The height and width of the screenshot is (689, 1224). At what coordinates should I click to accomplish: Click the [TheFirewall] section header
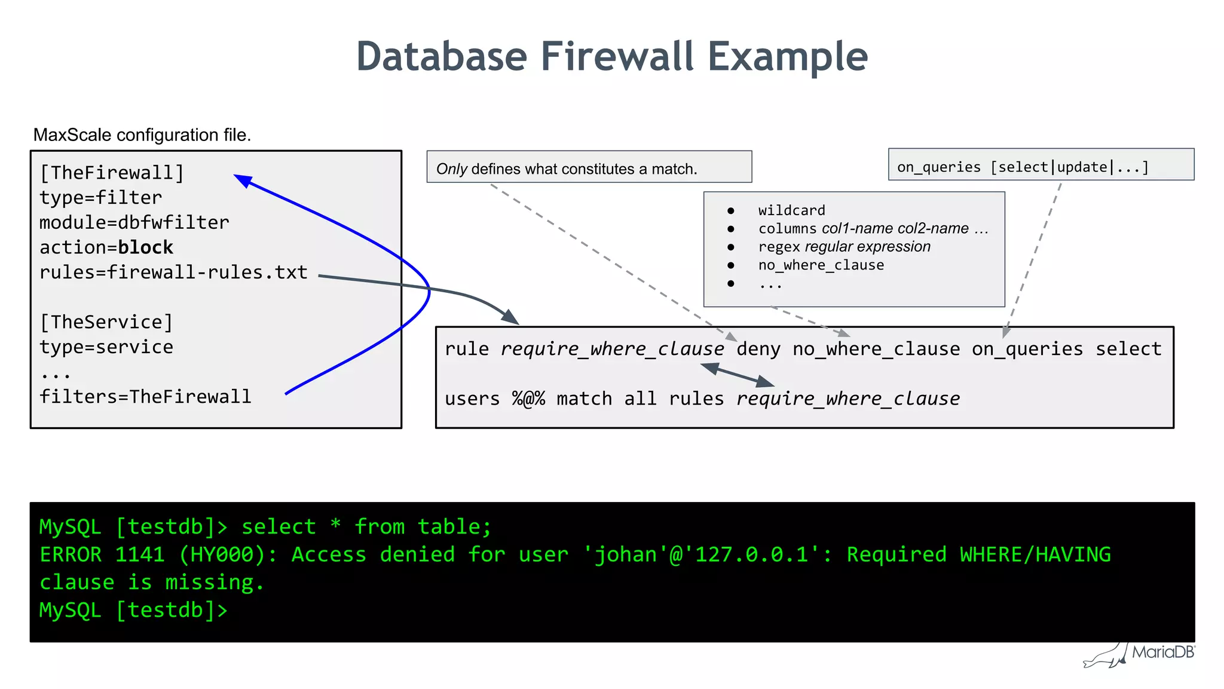pos(112,173)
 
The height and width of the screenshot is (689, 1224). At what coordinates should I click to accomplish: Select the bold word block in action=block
pos(145,247)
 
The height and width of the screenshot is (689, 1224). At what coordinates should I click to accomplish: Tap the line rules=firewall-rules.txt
pos(173,272)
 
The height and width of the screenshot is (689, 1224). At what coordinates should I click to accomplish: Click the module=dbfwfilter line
pos(134,222)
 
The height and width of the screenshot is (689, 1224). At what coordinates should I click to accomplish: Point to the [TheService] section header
pos(106,322)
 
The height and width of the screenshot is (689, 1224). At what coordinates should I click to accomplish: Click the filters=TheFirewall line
pos(145,397)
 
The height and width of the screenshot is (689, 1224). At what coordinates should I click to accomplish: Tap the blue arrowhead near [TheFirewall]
pos(243,180)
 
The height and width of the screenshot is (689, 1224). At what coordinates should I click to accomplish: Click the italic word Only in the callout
pos(451,169)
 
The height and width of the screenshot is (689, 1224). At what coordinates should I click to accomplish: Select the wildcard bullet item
pos(791,210)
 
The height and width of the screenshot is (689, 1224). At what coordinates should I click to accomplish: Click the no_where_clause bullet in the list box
pos(821,265)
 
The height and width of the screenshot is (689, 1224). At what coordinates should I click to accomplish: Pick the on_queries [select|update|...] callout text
pos(1023,167)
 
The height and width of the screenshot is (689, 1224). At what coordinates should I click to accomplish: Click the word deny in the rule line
pos(758,349)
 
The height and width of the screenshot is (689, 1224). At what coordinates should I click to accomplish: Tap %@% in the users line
pos(528,399)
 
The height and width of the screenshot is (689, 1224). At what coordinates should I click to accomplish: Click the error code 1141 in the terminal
pos(140,555)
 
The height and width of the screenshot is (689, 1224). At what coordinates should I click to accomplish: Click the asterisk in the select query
pos(335,526)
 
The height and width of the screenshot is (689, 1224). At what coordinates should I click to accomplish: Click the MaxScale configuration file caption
pos(142,135)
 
